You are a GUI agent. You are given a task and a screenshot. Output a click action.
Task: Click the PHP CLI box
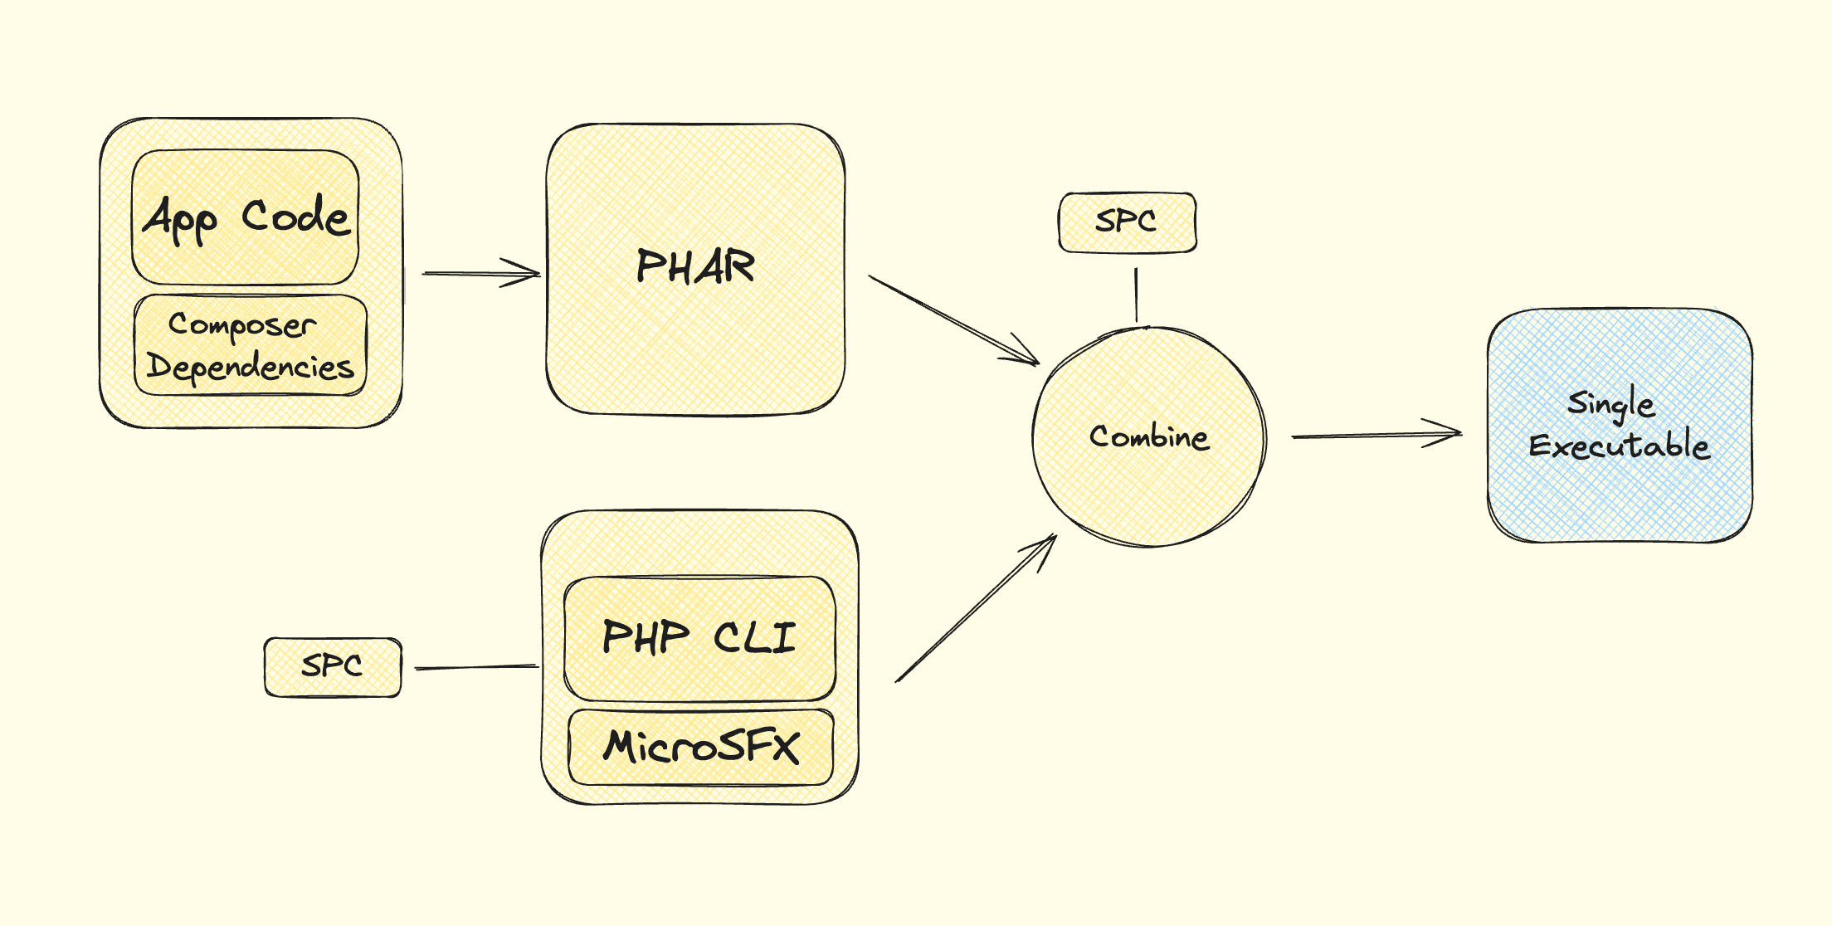coord(699,597)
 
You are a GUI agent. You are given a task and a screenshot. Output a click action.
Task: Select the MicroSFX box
coord(701,746)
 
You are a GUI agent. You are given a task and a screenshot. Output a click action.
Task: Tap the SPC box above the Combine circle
coord(1128,222)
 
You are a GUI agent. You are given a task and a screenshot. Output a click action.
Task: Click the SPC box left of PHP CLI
coord(333,666)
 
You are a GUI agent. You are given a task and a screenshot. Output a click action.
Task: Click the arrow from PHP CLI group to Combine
coord(975,609)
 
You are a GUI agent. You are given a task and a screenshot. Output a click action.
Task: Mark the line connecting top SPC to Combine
coord(1137,295)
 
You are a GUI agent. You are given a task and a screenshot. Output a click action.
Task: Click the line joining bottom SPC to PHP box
coord(476,667)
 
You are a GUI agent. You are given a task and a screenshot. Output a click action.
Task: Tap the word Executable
coord(1620,446)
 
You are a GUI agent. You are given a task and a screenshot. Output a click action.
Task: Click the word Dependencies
coord(250,367)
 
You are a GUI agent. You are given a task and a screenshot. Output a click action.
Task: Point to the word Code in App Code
coord(295,217)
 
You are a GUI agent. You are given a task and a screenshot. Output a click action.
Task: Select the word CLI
coord(754,637)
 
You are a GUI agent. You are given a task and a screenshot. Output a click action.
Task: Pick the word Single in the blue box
coord(1611,404)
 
